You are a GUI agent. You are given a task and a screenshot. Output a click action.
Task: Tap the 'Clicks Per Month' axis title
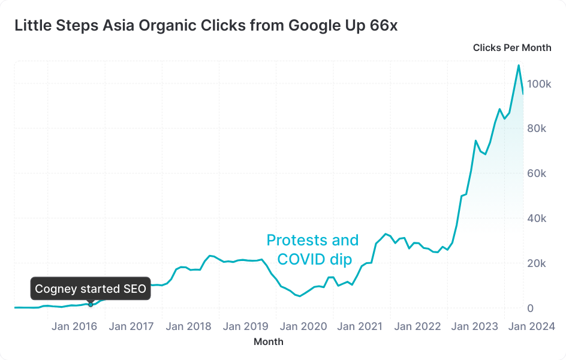click(x=511, y=48)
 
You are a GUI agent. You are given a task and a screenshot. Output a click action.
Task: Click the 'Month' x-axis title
click(x=268, y=342)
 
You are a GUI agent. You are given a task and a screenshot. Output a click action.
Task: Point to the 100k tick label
click(x=538, y=84)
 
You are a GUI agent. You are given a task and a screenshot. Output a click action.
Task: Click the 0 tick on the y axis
click(x=531, y=308)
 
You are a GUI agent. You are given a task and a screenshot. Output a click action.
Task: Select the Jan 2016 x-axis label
click(x=74, y=326)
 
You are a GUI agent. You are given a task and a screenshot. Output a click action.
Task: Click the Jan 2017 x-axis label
click(x=131, y=326)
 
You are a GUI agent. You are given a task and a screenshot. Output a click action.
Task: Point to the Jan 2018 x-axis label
click(x=188, y=326)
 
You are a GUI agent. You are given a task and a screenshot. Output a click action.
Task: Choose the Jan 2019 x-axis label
click(x=245, y=326)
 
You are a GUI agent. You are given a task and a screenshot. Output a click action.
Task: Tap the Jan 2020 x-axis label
click(x=304, y=326)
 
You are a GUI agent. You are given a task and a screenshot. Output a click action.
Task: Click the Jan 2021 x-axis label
click(x=360, y=326)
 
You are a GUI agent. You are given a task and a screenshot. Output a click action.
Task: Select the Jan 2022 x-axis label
click(x=417, y=326)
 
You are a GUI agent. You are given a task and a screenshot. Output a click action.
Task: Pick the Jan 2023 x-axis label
click(x=474, y=326)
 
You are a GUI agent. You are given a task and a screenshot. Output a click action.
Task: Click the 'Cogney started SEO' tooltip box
click(x=91, y=289)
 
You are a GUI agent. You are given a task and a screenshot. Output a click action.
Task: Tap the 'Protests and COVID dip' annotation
click(x=312, y=250)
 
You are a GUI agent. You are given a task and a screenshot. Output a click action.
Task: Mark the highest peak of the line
click(x=519, y=65)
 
